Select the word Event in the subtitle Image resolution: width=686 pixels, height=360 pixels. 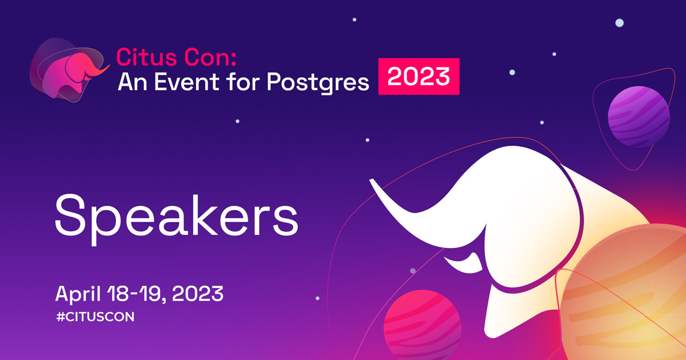[186, 82]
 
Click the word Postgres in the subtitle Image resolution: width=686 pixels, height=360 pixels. [318, 83]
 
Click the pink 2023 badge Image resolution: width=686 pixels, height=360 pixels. [418, 76]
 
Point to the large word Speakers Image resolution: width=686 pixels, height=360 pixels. [177, 218]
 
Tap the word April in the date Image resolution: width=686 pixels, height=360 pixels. [78, 294]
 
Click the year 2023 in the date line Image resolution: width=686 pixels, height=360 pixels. [198, 294]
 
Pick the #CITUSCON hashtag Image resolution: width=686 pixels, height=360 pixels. [95, 317]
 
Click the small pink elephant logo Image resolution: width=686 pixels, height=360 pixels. [69, 70]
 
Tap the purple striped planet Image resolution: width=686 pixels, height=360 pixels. [639, 117]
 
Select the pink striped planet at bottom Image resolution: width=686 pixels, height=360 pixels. [422, 325]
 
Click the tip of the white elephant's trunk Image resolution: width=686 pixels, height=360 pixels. [371, 181]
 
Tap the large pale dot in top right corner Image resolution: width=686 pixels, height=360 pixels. [620, 23]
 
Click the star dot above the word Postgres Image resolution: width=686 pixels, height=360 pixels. [354, 19]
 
